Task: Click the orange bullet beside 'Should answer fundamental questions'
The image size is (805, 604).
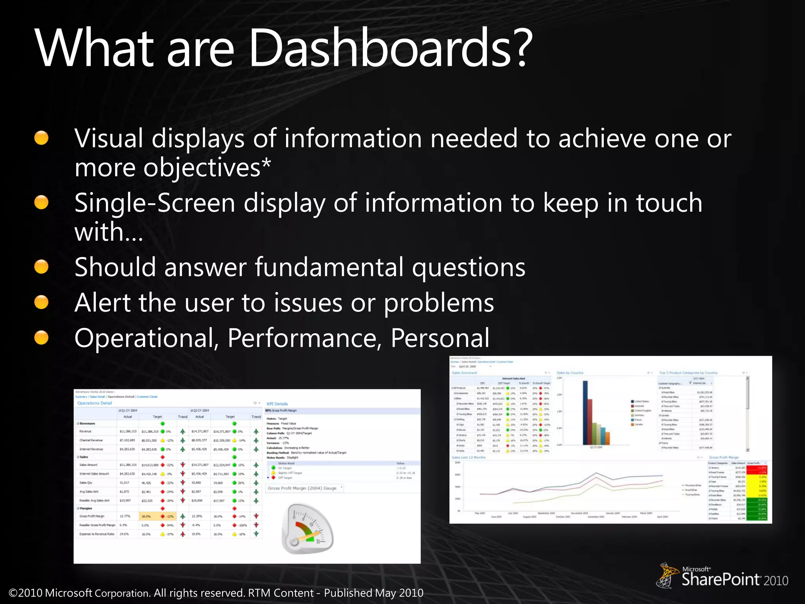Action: (41, 267)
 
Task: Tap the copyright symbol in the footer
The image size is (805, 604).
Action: (13, 593)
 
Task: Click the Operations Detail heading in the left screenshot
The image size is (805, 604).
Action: (94, 403)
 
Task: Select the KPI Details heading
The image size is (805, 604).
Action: (277, 404)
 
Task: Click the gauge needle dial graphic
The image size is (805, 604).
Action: (307, 529)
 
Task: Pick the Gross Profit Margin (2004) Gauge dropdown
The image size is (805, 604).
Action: (305, 488)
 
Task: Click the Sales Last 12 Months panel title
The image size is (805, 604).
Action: (469, 457)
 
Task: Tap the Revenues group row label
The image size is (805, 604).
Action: (87, 424)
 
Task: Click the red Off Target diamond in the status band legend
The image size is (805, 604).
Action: (274, 478)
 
